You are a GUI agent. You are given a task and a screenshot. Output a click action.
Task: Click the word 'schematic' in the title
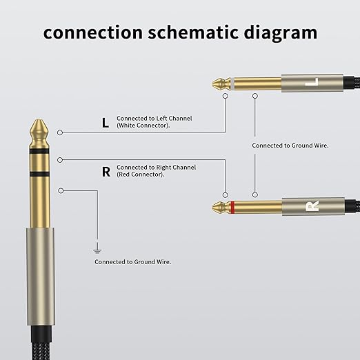point(193,32)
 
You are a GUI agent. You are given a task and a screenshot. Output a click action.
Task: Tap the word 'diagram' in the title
point(281,34)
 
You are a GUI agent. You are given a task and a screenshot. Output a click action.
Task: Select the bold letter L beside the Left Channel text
point(106,123)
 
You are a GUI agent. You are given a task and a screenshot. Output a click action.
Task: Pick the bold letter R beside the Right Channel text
point(106,172)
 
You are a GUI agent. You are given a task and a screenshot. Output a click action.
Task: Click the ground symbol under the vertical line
point(97,250)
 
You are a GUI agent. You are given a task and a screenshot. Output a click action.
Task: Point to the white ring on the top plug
point(232,84)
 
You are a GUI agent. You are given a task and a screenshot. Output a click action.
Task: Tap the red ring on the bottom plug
point(232,207)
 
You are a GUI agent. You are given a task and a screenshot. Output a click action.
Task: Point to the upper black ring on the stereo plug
point(39,151)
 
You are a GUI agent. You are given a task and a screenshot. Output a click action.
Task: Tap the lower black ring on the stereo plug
point(39,174)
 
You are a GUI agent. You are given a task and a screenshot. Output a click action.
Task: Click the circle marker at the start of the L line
point(60,132)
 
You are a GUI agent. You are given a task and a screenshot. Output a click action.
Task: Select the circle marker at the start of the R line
point(60,160)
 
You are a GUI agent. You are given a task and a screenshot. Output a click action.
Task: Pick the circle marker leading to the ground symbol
point(61,190)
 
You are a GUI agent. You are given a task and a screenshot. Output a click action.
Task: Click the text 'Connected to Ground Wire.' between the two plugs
point(290,146)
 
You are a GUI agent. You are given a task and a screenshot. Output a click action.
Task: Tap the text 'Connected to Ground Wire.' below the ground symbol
point(133,262)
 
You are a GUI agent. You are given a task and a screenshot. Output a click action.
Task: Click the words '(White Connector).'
point(143,126)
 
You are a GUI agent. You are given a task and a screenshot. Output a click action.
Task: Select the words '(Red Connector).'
point(141,174)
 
